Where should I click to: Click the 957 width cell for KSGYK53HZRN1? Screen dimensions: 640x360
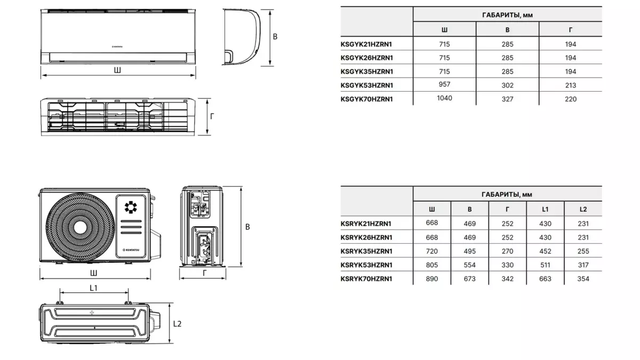pyautogui.click(x=444, y=84)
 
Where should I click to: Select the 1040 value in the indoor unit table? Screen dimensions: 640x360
pyautogui.click(x=444, y=98)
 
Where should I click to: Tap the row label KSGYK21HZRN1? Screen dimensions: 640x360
pyautogui.click(x=366, y=44)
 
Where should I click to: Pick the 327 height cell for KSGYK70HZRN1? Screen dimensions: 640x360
pyautogui.click(x=507, y=99)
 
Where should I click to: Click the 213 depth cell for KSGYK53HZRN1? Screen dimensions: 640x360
pyautogui.click(x=570, y=85)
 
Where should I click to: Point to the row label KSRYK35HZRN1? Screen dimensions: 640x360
pyautogui.click(x=366, y=251)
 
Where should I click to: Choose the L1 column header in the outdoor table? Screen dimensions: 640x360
pyautogui.click(x=545, y=209)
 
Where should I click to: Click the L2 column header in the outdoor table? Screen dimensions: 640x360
pyautogui.click(x=583, y=209)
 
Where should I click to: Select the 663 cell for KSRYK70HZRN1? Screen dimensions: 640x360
pyautogui.click(x=545, y=278)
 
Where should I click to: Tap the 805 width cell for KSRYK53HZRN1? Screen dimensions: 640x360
pyautogui.click(x=431, y=265)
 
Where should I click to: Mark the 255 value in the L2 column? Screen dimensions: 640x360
pyautogui.click(x=583, y=251)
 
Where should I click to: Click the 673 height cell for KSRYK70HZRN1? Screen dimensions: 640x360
pyautogui.click(x=469, y=278)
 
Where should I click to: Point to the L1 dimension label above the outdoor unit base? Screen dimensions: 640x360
pyautogui.click(x=93, y=287)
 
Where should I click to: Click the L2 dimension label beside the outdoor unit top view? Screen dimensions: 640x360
pyautogui.click(x=177, y=324)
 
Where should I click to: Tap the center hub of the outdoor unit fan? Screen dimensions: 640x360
pyautogui.click(x=80, y=228)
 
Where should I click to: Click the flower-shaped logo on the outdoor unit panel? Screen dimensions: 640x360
pyautogui.click(x=131, y=207)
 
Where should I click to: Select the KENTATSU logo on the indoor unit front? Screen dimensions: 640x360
pyautogui.click(x=117, y=46)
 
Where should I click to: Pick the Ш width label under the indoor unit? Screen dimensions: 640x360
pyautogui.click(x=117, y=70)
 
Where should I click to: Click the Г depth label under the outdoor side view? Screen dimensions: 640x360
pyautogui.click(x=204, y=273)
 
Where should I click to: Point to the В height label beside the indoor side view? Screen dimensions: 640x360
pyautogui.click(x=275, y=37)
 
